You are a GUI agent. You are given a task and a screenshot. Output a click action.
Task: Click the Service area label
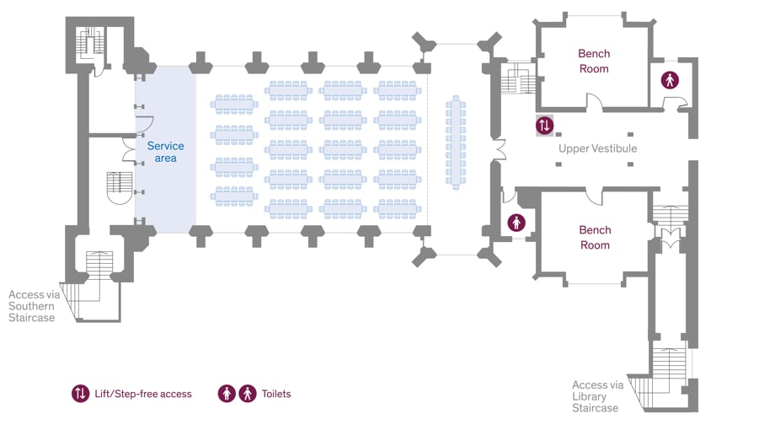(x=165, y=152)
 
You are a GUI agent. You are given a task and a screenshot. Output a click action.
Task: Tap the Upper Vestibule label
(x=597, y=148)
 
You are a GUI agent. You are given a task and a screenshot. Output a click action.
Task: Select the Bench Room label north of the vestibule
(x=594, y=61)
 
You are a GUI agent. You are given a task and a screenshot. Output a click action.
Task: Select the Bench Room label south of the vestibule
(x=595, y=237)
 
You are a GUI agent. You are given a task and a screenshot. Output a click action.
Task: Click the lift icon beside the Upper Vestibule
(x=545, y=126)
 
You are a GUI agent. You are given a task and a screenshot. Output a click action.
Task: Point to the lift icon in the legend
(x=80, y=394)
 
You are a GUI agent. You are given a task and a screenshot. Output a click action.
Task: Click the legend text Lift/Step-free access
(x=142, y=394)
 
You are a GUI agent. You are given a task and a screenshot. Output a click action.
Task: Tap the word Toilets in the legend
(x=276, y=394)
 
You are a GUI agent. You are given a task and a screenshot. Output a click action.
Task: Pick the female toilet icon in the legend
(x=227, y=394)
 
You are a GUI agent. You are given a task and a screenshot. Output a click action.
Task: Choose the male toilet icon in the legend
(x=248, y=394)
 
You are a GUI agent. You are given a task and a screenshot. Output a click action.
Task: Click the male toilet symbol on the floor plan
(x=670, y=81)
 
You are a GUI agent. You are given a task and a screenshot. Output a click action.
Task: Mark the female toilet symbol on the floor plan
(x=516, y=223)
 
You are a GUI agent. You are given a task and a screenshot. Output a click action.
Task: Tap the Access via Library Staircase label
(x=598, y=396)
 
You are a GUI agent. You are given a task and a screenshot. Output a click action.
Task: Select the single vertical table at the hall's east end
(x=456, y=142)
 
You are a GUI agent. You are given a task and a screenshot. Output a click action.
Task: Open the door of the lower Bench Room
(x=595, y=196)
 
